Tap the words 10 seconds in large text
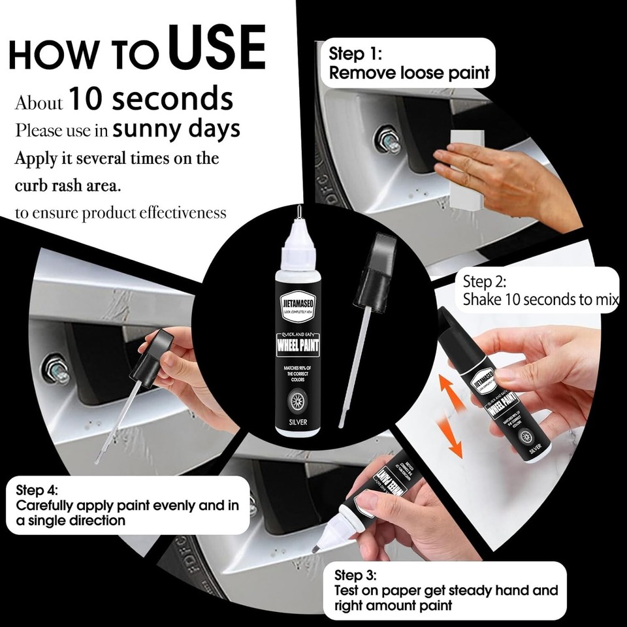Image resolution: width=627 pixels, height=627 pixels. tap(151, 99)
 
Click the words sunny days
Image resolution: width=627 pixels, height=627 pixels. tap(176, 129)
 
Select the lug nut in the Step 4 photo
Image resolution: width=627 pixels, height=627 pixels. tap(56, 370)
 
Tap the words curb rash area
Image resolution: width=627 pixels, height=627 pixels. tap(67, 185)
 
